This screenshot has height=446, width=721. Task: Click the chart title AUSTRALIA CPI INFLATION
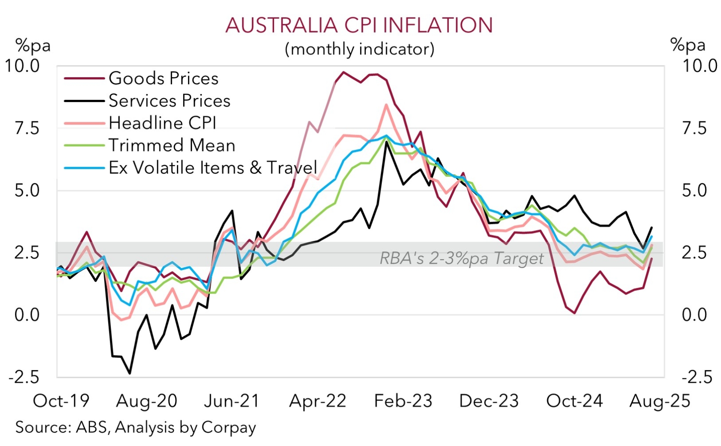(x=359, y=25)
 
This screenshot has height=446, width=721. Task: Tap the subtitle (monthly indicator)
(x=359, y=49)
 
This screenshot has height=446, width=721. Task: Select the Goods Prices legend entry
(x=164, y=78)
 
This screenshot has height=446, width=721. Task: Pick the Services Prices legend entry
(x=169, y=101)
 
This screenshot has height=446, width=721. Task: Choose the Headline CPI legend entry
(x=162, y=123)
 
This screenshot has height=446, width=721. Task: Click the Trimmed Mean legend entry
(x=172, y=145)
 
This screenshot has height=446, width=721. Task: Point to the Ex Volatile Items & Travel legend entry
(x=213, y=168)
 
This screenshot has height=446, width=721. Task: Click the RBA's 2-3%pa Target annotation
(x=462, y=258)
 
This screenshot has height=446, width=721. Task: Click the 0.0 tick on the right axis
(x=694, y=315)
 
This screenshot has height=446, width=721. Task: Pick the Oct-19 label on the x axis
(x=61, y=401)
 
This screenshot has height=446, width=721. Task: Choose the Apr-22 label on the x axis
(x=317, y=401)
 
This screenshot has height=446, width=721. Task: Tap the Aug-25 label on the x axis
(x=660, y=401)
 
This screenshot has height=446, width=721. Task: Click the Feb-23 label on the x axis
(x=403, y=401)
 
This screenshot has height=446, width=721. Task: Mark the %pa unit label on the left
(x=33, y=45)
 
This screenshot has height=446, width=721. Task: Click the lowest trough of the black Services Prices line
(x=130, y=373)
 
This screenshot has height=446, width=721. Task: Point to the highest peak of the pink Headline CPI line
(x=386, y=105)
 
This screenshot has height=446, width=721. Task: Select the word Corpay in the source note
(x=229, y=427)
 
